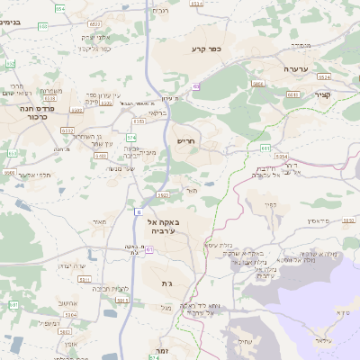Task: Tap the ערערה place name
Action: [294, 69]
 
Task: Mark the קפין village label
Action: [270, 203]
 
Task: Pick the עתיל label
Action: [245, 340]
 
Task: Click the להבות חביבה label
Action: [114, 288]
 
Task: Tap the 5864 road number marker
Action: [258, 83]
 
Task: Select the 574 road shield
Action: [119, 137]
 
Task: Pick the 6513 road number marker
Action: [292, 93]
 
